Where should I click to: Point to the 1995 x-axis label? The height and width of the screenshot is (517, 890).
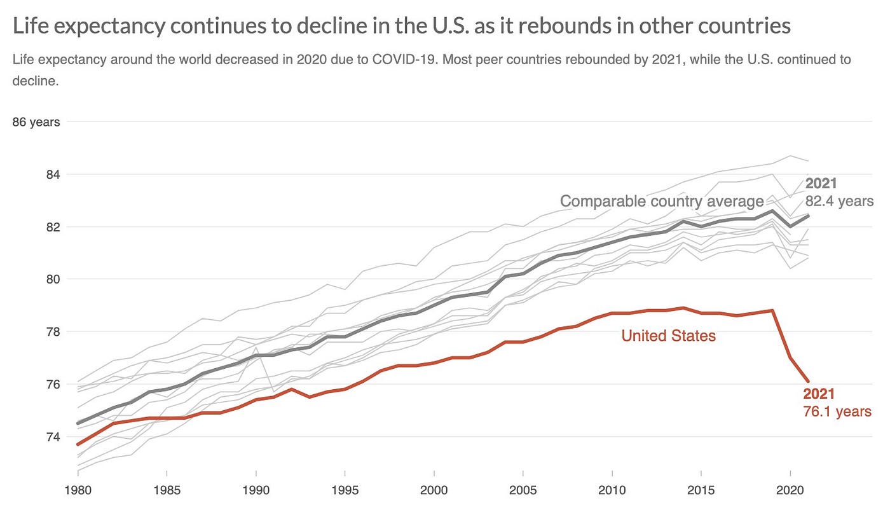[x=344, y=491]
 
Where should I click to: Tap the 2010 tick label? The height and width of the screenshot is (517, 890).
[x=611, y=491]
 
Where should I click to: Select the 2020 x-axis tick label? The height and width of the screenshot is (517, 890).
[x=789, y=491]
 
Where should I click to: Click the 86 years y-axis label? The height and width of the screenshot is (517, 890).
[x=36, y=121]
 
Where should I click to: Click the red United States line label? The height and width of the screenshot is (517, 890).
[x=668, y=336]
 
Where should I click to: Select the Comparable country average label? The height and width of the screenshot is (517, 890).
[x=662, y=202]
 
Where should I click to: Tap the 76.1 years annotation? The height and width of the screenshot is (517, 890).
[x=837, y=411]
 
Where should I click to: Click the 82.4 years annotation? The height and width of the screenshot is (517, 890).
[x=839, y=201]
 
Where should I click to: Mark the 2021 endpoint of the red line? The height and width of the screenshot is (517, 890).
[x=808, y=382]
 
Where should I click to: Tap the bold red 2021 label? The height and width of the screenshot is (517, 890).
[x=819, y=394]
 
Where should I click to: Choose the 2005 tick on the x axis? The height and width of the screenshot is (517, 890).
[x=522, y=491]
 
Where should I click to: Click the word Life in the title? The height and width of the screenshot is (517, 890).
[x=31, y=26]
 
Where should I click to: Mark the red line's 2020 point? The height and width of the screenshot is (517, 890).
[x=790, y=358]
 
